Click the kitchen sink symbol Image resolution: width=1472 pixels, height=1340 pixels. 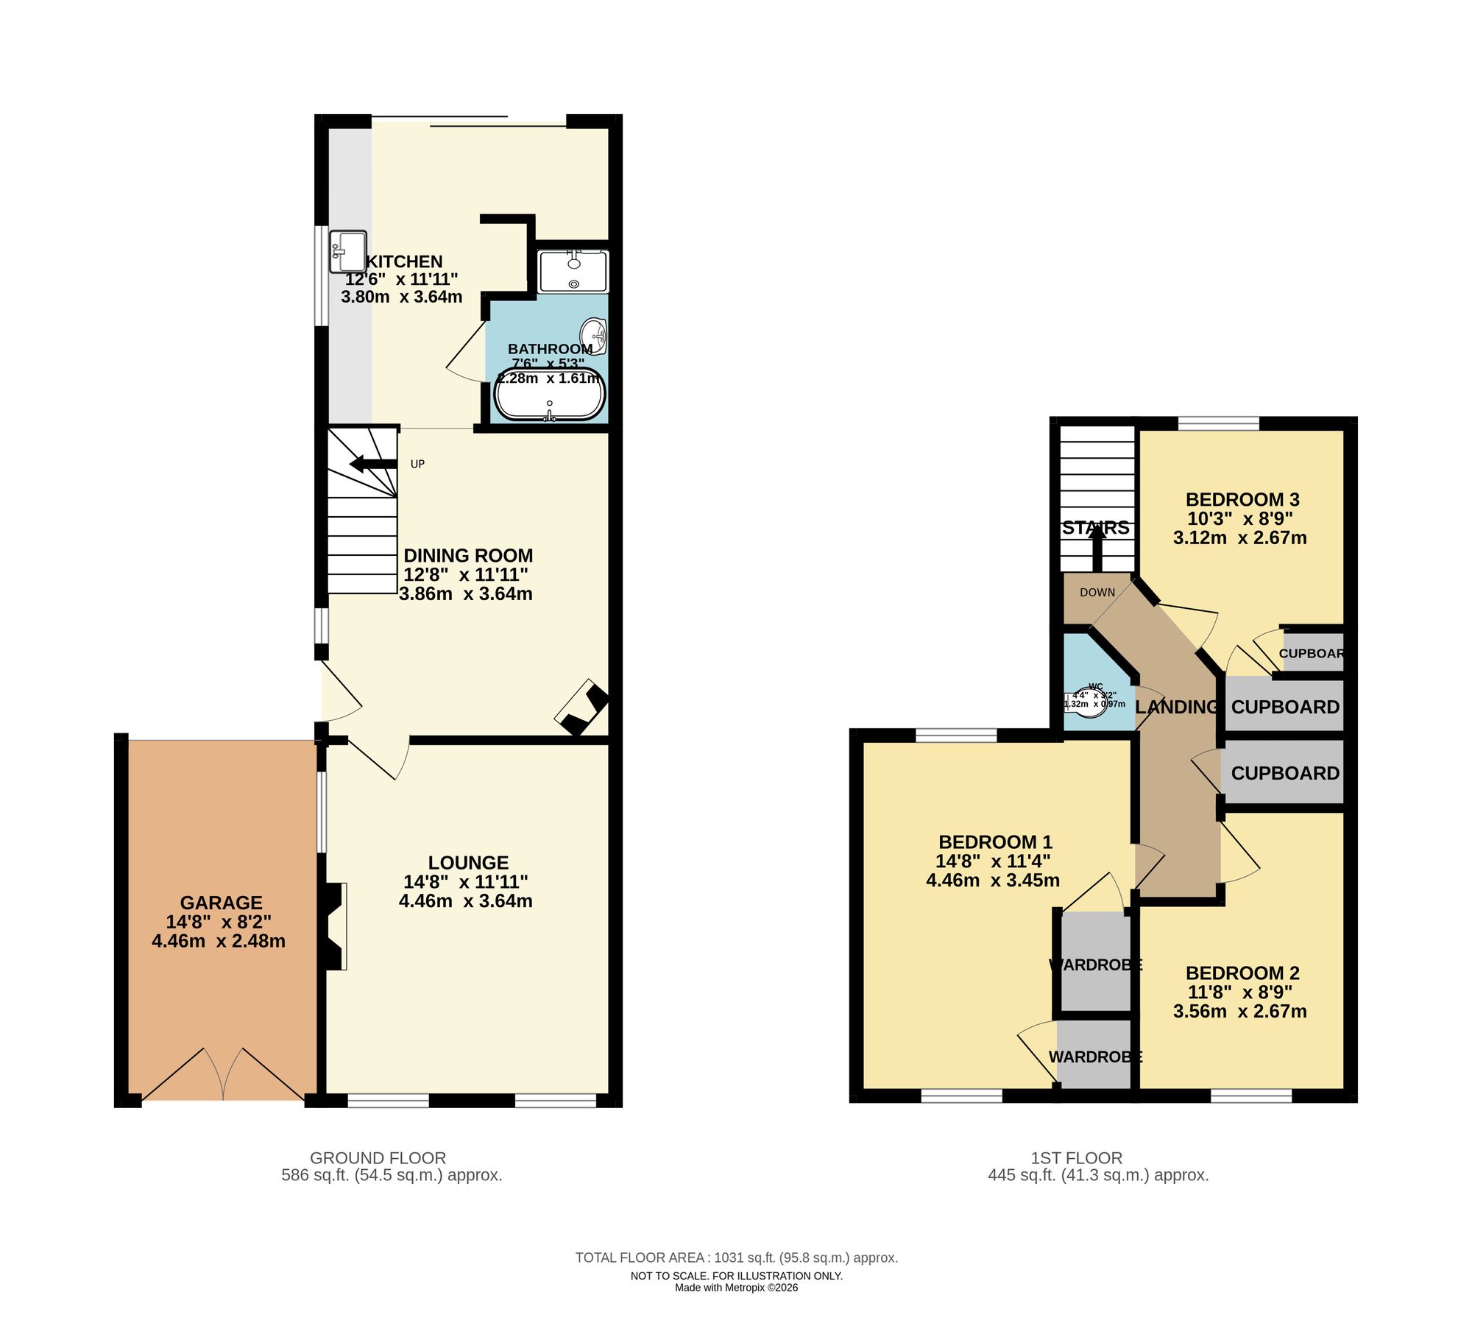coord(348,251)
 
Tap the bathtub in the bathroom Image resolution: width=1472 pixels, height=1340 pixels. coord(550,394)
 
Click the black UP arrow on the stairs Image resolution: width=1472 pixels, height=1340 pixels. coord(372,464)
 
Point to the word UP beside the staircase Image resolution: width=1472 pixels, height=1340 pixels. coord(417,464)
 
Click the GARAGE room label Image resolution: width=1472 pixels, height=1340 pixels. coord(221,903)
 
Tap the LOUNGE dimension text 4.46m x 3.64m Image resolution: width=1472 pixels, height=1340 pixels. coord(465,901)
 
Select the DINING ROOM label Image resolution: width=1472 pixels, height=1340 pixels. coord(468,556)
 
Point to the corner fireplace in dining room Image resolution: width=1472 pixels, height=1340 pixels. coord(582,707)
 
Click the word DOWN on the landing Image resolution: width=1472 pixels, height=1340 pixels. coord(1097,592)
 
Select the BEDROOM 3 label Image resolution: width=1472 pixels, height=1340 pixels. coord(1242,499)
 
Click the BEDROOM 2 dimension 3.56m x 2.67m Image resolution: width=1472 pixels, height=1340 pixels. coord(1239,1012)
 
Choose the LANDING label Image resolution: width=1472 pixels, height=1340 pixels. coord(1176,707)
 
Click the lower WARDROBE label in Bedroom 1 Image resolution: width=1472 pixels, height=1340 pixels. coord(1094,1057)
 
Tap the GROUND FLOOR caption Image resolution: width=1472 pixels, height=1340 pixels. coord(378,1158)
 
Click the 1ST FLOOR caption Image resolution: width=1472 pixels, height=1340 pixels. coord(1076,1158)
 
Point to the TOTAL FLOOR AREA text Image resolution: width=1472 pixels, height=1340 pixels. coord(736,1258)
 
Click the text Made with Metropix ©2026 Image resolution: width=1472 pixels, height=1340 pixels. coord(736,1288)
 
